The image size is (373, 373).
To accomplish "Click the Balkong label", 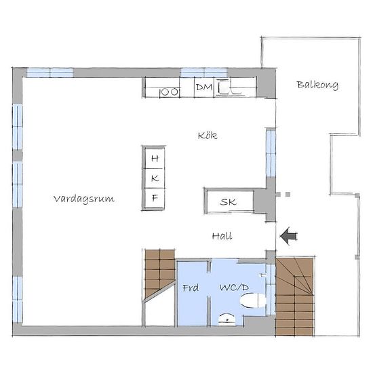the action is [317, 85].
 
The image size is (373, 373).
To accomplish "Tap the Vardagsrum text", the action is [84, 199].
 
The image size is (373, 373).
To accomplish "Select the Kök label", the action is [208, 136].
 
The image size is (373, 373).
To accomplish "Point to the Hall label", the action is [222, 236].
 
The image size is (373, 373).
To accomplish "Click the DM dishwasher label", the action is [204, 87].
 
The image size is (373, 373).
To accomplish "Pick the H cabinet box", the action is [155, 158].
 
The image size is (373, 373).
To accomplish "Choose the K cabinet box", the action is [155, 178].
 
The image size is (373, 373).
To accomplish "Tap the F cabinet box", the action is [155, 198].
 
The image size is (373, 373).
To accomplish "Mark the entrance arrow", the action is [288, 236].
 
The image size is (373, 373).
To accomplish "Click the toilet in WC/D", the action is [253, 300].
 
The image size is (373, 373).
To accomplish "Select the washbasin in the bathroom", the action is [227, 319].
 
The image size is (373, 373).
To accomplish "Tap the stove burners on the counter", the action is [170, 92].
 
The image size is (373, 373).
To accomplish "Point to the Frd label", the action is [191, 288].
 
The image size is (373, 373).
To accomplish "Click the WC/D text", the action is [234, 288].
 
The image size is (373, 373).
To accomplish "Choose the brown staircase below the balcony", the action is [294, 296].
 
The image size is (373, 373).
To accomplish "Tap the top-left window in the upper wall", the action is [50, 73].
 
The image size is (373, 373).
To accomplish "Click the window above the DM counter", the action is [204, 73].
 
